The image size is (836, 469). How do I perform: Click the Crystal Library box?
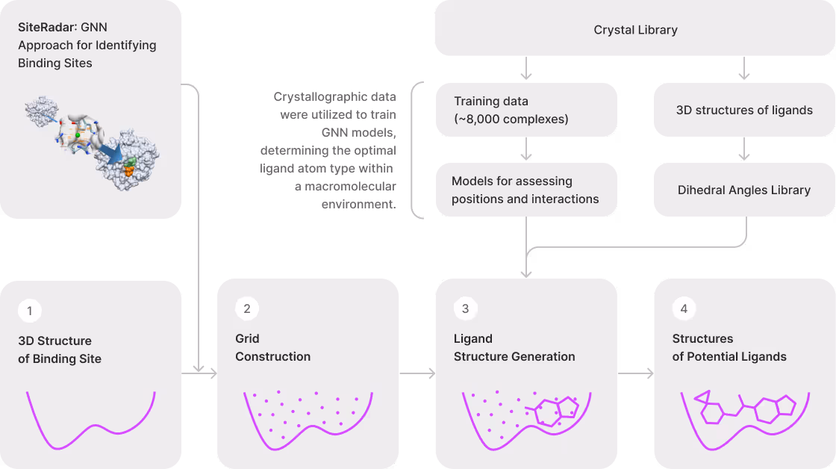(x=635, y=30)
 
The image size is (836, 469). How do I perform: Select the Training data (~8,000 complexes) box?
(x=526, y=110)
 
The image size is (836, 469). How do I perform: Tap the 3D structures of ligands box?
(x=744, y=110)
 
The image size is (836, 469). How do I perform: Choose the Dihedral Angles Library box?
(x=744, y=190)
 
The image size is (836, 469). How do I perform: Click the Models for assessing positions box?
(x=526, y=190)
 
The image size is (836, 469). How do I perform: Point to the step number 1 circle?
(x=30, y=311)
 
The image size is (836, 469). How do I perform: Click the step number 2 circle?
(x=247, y=308)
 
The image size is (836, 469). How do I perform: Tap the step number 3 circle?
(x=465, y=308)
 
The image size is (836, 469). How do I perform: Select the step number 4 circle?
(x=684, y=308)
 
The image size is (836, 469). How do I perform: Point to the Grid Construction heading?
(x=272, y=348)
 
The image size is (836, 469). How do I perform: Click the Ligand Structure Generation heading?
(x=514, y=348)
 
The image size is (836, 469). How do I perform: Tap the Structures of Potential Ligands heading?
(x=729, y=348)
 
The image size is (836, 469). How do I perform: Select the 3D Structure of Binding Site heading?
(x=60, y=350)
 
